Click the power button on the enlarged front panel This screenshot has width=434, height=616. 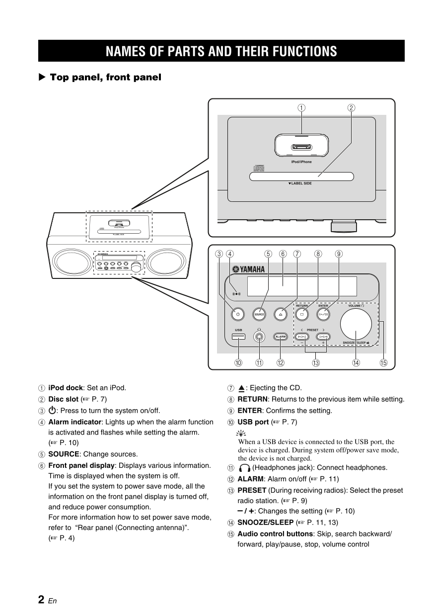(x=238, y=314)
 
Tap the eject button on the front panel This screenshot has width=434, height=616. (x=281, y=314)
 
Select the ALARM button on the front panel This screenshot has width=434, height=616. (x=281, y=337)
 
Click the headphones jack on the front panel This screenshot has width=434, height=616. (x=259, y=337)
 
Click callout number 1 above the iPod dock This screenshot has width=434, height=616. (x=301, y=107)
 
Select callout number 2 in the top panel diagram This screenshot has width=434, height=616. (x=351, y=107)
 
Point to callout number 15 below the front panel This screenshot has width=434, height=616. (x=383, y=363)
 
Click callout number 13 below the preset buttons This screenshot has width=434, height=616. (x=316, y=363)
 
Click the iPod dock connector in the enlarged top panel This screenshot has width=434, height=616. (x=301, y=147)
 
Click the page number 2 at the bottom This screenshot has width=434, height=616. (x=41, y=600)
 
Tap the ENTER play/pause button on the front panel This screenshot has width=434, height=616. (x=324, y=314)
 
